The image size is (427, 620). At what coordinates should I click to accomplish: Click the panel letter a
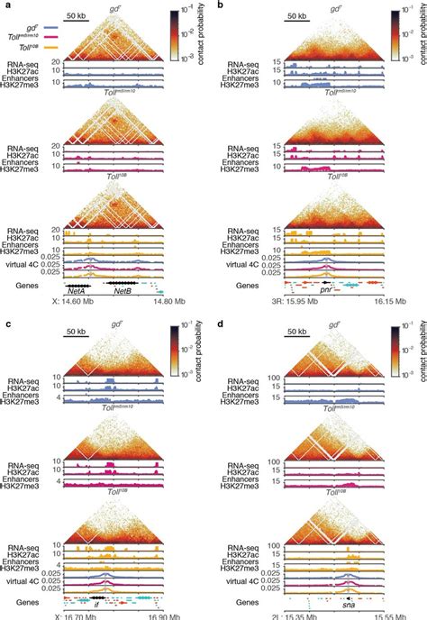pos(5,5)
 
